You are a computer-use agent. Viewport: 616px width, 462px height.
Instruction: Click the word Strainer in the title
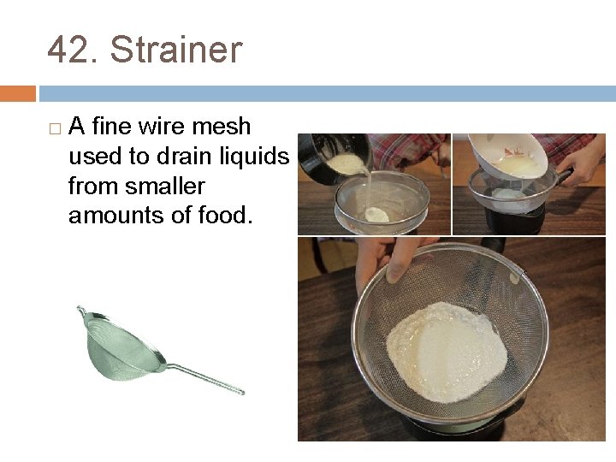coord(176,50)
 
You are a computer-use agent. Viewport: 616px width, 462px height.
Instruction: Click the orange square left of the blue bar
coord(18,92)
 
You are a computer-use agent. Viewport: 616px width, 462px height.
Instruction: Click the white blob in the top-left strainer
coord(377,214)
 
